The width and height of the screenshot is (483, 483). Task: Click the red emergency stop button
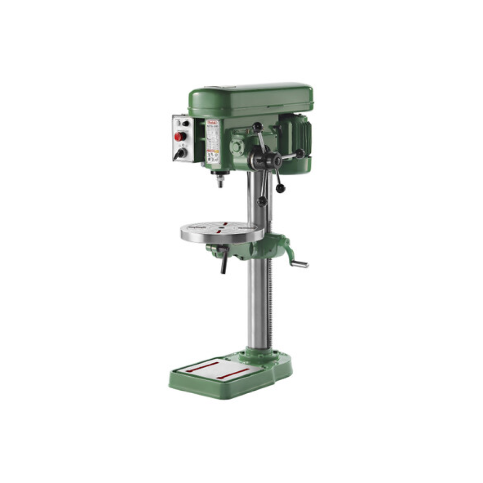click(x=179, y=137)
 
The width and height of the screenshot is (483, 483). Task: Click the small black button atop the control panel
click(x=185, y=123)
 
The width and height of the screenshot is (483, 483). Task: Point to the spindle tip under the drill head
click(x=220, y=183)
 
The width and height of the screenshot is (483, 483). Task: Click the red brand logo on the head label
click(x=213, y=123)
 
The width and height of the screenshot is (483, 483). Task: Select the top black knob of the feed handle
click(x=257, y=127)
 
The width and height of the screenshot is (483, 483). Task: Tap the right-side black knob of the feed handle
click(x=300, y=154)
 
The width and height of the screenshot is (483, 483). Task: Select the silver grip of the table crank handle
click(x=300, y=264)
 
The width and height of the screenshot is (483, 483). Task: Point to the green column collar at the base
click(x=259, y=355)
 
